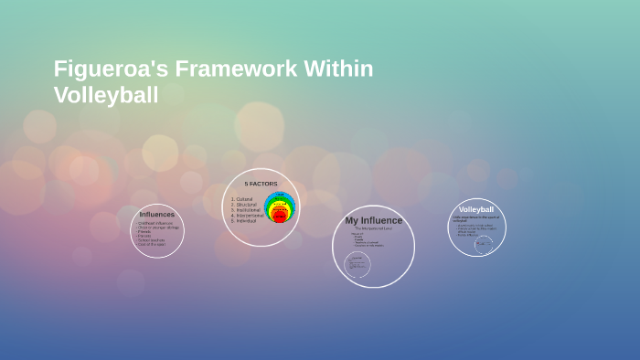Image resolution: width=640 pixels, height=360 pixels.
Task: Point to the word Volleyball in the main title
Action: coord(106,95)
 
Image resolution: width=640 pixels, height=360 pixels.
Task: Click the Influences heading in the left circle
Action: coord(156,215)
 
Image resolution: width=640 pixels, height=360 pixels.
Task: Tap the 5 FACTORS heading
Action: coord(261,184)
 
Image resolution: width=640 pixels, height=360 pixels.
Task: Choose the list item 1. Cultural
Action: coord(242,199)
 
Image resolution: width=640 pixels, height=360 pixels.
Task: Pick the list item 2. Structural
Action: coord(244,205)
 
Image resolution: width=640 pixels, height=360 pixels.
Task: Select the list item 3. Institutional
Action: coord(246,210)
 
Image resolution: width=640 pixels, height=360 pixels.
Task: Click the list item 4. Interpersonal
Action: coord(247,216)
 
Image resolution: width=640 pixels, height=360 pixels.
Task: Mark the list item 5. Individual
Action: coord(245,221)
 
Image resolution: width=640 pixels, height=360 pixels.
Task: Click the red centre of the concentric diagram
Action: coord(280,217)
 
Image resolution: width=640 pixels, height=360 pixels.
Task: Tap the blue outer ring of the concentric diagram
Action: coord(280,195)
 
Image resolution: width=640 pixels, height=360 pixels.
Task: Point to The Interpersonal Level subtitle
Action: coord(372,228)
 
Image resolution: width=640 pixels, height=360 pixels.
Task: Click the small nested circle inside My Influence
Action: coord(357,265)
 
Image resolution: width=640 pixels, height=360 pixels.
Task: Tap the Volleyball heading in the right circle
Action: coord(476,210)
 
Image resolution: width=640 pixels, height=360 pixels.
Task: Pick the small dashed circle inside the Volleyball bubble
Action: coord(483,244)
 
